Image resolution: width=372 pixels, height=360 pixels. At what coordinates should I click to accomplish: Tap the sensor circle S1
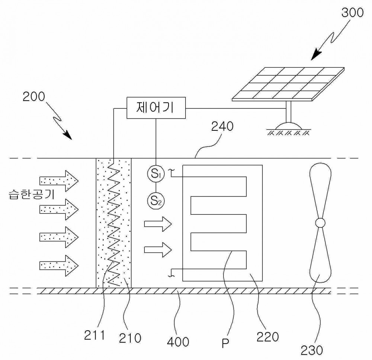[x=155, y=174]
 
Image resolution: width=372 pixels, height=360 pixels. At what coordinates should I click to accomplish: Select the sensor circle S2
[x=155, y=201]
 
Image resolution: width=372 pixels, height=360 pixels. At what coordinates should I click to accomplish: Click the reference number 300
[x=352, y=12]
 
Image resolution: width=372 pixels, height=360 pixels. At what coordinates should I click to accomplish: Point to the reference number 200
[x=33, y=97]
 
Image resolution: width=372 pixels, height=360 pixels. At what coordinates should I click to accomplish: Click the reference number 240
[x=222, y=126]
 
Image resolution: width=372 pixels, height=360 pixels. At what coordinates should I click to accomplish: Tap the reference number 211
[x=94, y=335]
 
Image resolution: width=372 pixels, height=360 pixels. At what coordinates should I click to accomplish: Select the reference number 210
[x=130, y=338]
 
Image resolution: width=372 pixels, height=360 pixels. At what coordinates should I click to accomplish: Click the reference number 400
[x=178, y=342]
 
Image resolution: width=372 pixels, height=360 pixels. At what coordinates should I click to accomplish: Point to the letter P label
[x=225, y=343]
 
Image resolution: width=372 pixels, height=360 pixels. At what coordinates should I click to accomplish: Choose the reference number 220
[x=267, y=337]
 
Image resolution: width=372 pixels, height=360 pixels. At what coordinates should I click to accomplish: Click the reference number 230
[x=312, y=350]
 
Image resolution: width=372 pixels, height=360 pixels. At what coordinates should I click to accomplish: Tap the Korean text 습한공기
[x=32, y=195]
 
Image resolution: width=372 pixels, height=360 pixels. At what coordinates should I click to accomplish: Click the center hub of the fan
[x=320, y=223]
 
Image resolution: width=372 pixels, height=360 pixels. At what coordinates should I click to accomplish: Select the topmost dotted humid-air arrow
[x=59, y=181]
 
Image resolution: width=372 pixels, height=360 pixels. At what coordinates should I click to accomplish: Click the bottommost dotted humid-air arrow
[x=59, y=266]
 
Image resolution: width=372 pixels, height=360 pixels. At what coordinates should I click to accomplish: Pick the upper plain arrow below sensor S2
[x=158, y=224]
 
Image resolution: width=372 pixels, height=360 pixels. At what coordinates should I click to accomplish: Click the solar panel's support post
[x=289, y=112]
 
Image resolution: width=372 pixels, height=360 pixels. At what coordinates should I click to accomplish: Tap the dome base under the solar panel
[x=289, y=126]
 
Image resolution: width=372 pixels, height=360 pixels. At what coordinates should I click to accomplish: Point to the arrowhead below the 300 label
[x=316, y=55]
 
